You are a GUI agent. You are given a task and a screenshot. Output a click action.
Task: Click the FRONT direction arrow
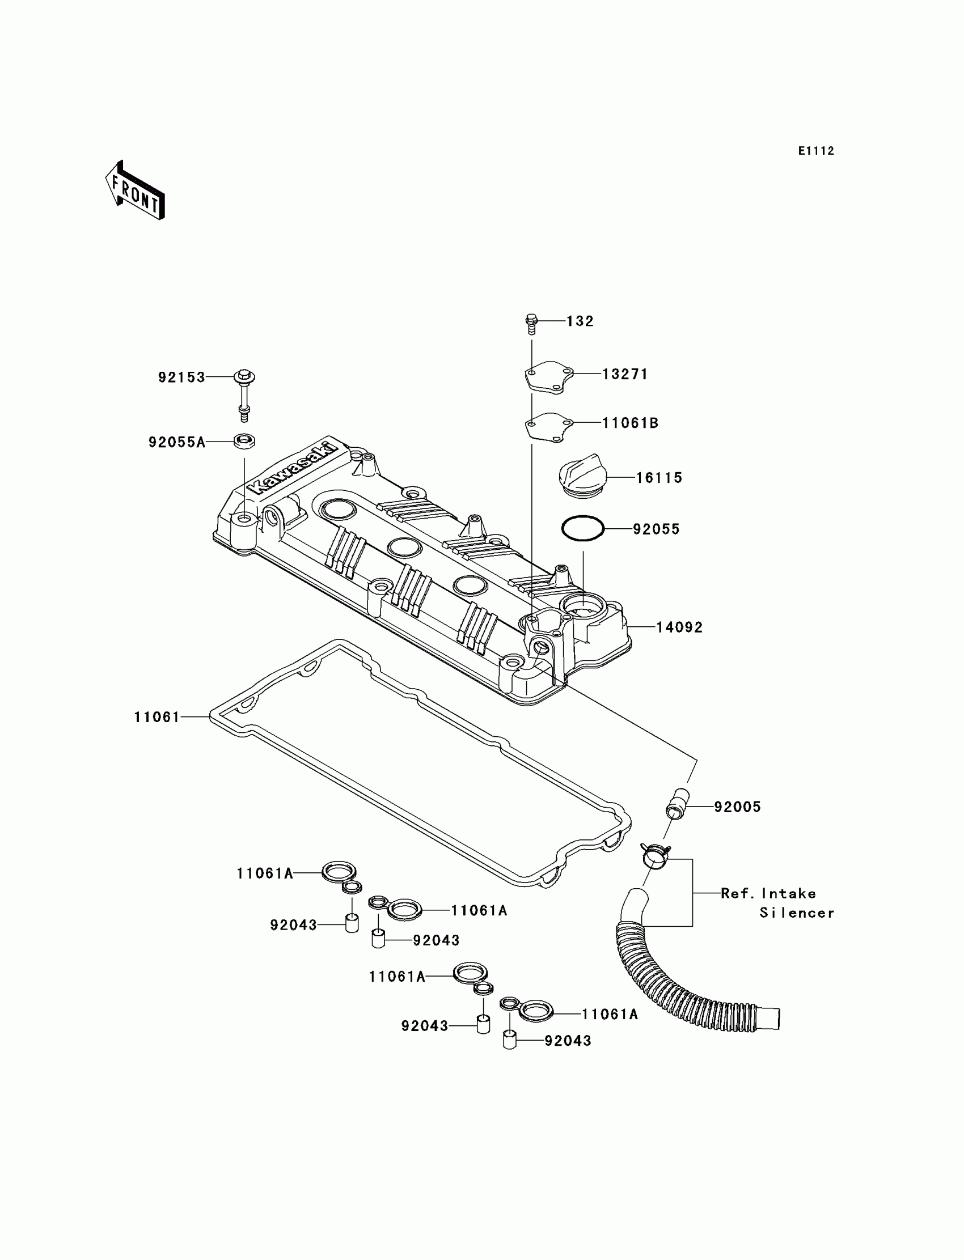coord(136,190)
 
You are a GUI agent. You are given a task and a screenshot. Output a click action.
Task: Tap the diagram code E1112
coord(816,151)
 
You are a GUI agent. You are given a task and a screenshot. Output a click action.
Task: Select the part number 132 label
coord(580,321)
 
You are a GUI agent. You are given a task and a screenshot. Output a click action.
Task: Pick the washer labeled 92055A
coord(244,441)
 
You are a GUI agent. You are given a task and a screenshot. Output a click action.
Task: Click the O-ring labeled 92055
coord(583,528)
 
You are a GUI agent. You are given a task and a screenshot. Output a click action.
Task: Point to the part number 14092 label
coord(679,627)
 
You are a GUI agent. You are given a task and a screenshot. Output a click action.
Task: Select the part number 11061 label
coord(157,717)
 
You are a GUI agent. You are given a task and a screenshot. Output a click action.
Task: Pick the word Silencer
coord(797,913)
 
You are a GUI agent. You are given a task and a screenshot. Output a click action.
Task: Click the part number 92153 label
coord(181,377)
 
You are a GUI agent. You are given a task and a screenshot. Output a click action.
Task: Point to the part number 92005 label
coord(737,807)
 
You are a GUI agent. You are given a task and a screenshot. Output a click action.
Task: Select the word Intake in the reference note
coord(789,893)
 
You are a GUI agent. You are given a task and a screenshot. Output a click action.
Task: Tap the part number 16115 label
coord(659,478)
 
